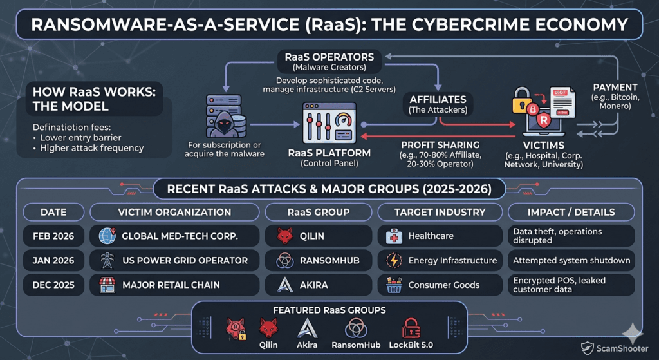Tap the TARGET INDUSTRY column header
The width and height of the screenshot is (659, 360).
click(440, 212)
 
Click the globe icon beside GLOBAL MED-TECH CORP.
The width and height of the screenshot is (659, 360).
click(107, 236)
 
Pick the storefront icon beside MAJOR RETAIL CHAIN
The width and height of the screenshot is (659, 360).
click(107, 285)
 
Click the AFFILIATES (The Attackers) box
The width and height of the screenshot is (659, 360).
click(438, 104)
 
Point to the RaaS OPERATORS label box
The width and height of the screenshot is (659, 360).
click(329, 61)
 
